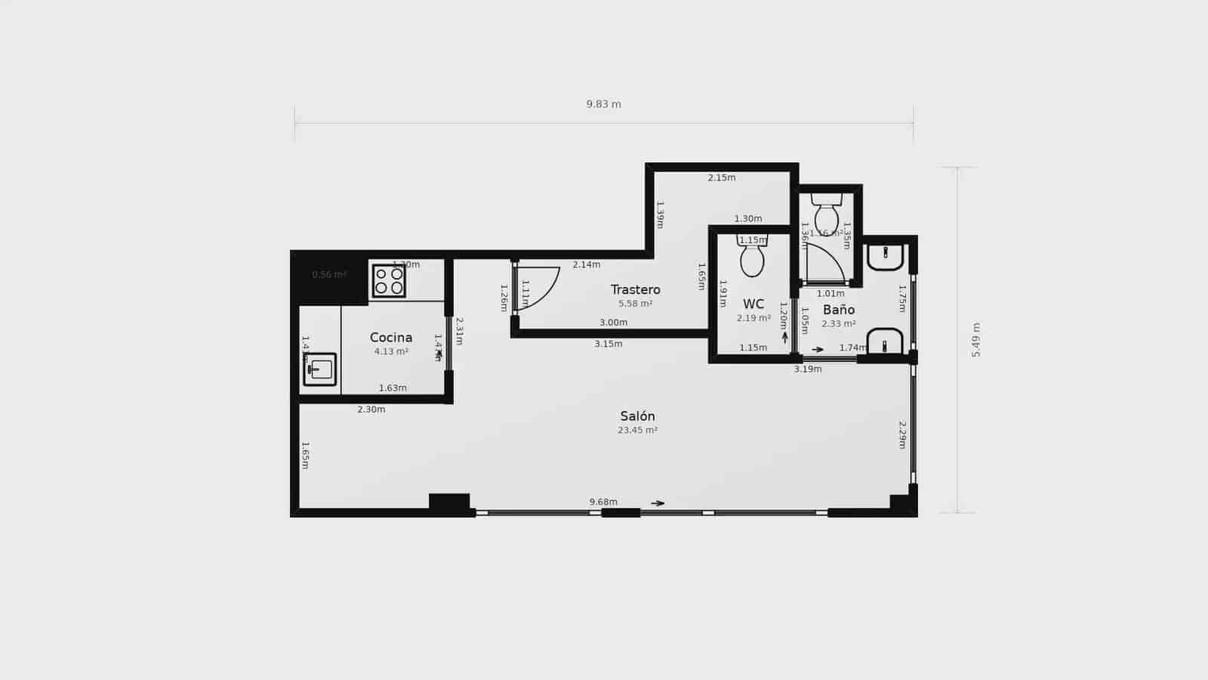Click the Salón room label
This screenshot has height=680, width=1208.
pyautogui.click(x=637, y=416)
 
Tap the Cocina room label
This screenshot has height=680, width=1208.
pyautogui.click(x=391, y=338)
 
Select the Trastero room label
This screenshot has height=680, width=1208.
pyautogui.click(x=635, y=289)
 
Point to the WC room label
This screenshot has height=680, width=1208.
pyautogui.click(x=753, y=304)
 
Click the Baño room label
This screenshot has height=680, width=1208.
pyautogui.click(x=839, y=310)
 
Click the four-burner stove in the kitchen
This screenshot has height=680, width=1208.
pyautogui.click(x=389, y=281)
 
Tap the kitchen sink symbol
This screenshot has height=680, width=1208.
pyautogui.click(x=320, y=369)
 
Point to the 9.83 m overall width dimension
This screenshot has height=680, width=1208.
pyautogui.click(x=603, y=104)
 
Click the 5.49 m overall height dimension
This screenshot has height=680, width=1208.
pyautogui.click(x=975, y=340)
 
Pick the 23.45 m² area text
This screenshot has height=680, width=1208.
pyautogui.click(x=637, y=431)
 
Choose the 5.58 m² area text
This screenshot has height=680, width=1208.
pyautogui.click(x=635, y=304)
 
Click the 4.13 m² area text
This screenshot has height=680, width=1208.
pyautogui.click(x=391, y=351)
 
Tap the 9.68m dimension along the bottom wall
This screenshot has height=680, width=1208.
pyautogui.click(x=603, y=502)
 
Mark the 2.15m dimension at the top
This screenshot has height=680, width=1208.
pyautogui.click(x=721, y=178)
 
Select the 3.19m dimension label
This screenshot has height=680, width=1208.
pyautogui.click(x=807, y=369)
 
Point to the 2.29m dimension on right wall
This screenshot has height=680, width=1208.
pyautogui.click(x=901, y=435)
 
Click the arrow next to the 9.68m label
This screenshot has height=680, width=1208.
pyautogui.click(x=658, y=503)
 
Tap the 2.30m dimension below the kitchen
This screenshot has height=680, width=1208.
pyautogui.click(x=371, y=410)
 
